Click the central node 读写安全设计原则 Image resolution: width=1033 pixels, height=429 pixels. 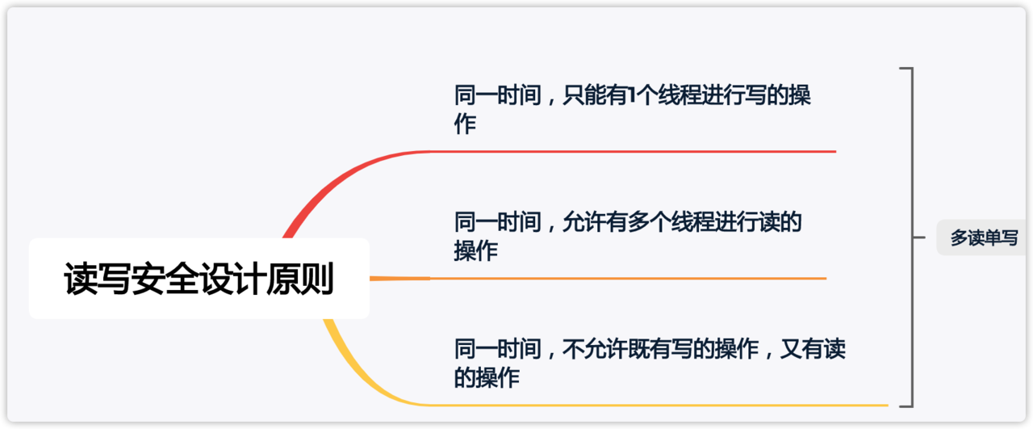pyautogui.click(x=199, y=279)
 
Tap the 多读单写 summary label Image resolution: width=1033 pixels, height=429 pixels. pyautogui.click(x=984, y=238)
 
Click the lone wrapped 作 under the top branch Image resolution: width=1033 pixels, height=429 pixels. pyautogui.click(x=465, y=124)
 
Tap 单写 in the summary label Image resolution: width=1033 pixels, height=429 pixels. pyautogui.click(x=1001, y=238)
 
